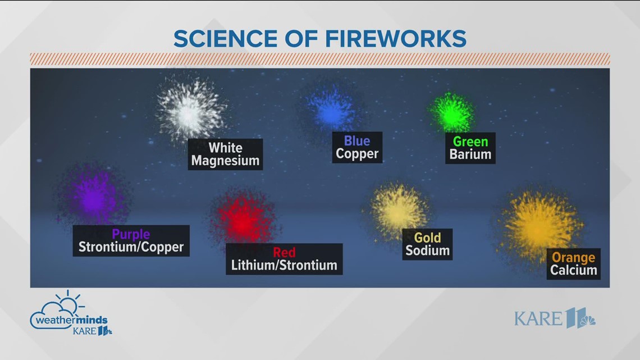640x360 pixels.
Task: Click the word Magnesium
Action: [x=225, y=161]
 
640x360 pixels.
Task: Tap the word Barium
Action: [x=470, y=154]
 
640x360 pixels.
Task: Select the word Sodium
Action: [x=427, y=250]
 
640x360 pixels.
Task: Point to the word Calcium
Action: [x=573, y=270]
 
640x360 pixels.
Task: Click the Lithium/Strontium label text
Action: [x=284, y=265]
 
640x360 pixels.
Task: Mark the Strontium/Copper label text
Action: [x=131, y=247]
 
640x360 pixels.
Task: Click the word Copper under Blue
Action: [x=357, y=154]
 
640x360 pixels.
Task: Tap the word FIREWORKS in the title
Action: [x=396, y=39]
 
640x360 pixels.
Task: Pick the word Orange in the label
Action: [x=573, y=257]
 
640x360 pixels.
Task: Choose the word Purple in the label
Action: [x=131, y=234]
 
